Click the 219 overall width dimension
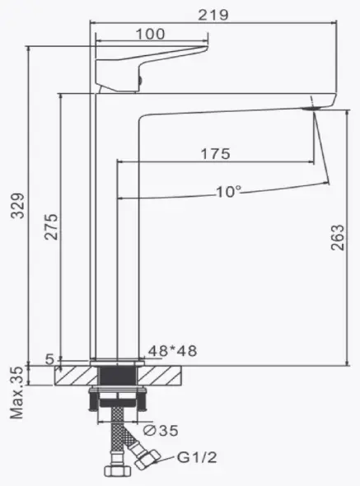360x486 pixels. point(213,15)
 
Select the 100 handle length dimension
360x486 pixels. point(151,34)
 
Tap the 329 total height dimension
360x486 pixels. point(17,206)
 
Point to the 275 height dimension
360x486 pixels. point(51,227)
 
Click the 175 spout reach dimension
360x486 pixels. point(216,154)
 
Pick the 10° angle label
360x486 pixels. point(228,192)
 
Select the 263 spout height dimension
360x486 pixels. point(338,237)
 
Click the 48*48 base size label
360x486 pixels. point(172,351)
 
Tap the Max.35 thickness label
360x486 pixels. point(16,393)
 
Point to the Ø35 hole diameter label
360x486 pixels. point(161,430)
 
